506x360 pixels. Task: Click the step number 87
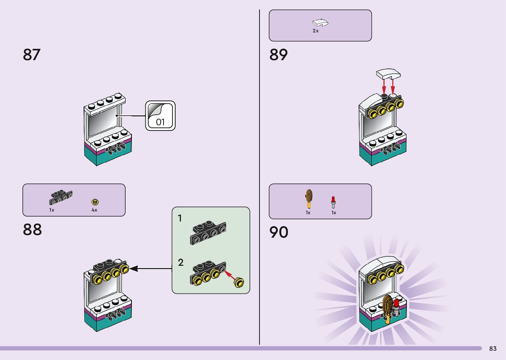coord(32,55)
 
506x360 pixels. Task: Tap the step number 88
coord(32,230)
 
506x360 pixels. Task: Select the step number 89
coord(279,55)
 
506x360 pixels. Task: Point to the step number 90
coord(279,232)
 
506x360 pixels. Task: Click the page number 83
coord(493,348)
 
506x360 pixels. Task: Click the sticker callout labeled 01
coord(160,116)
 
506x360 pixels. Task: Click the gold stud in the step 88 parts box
coord(95,202)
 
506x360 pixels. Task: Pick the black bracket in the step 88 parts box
coord(61,197)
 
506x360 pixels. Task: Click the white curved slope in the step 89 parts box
coord(320,22)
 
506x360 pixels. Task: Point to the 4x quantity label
coord(94,210)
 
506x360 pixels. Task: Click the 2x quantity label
coord(316,31)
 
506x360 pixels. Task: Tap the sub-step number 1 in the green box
coord(180,218)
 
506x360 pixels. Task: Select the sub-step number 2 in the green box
coord(181,262)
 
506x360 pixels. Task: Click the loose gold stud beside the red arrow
coord(239,283)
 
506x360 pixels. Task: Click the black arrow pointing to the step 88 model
coord(151,268)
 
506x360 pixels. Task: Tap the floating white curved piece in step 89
coord(388,74)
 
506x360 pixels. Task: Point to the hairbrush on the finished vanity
coord(388,309)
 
